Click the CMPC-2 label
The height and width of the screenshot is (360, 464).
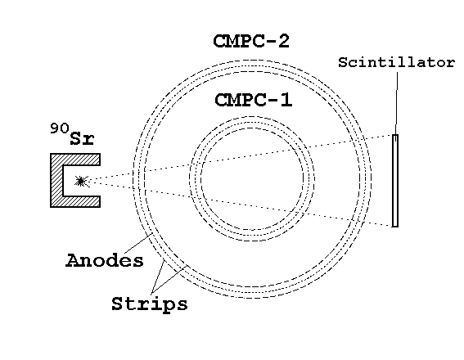[251, 41]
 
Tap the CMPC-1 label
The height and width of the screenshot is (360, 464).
[254, 100]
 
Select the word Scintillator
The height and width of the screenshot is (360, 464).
[397, 62]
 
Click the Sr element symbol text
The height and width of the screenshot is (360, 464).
[82, 139]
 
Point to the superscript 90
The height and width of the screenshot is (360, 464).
[60, 128]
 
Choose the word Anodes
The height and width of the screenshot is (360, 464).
[105, 261]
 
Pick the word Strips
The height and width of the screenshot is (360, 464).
[150, 304]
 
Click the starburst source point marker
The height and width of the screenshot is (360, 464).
[81, 181]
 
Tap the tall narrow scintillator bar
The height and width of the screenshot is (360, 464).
[395, 181]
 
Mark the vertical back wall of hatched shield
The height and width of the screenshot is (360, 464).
[56, 181]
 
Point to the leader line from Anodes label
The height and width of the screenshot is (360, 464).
[138, 243]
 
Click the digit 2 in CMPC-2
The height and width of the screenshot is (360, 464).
[282, 41]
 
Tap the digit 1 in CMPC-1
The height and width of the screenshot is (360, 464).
[286, 100]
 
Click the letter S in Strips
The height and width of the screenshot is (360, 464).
[118, 304]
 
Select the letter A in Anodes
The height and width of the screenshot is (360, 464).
[72, 261]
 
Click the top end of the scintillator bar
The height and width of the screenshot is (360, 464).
[395, 135]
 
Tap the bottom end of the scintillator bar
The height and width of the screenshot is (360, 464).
[395, 227]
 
